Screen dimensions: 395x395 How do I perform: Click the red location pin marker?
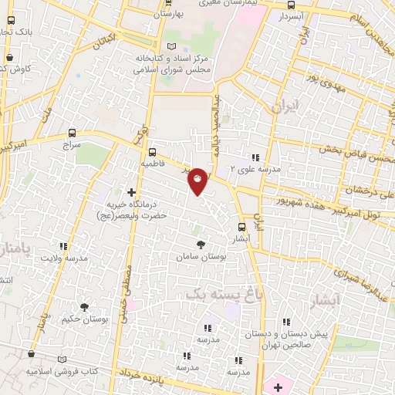(198, 180)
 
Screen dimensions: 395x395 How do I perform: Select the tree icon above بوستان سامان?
(201, 244)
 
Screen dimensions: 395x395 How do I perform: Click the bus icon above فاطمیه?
(152, 151)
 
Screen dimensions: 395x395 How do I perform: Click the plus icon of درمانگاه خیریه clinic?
(132, 191)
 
